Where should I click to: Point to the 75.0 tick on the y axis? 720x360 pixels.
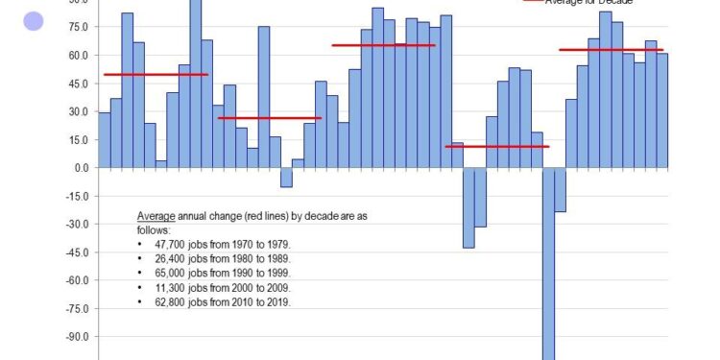(79, 28)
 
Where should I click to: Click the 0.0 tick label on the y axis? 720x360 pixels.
(82, 168)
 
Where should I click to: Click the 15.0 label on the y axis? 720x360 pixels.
(79, 140)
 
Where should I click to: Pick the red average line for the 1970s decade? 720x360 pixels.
(156, 75)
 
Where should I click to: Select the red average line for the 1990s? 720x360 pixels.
(383, 45)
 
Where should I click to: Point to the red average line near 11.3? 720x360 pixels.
(496, 147)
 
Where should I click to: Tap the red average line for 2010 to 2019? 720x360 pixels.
(611, 50)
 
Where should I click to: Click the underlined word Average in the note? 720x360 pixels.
(156, 216)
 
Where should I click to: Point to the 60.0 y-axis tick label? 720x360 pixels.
(79, 56)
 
